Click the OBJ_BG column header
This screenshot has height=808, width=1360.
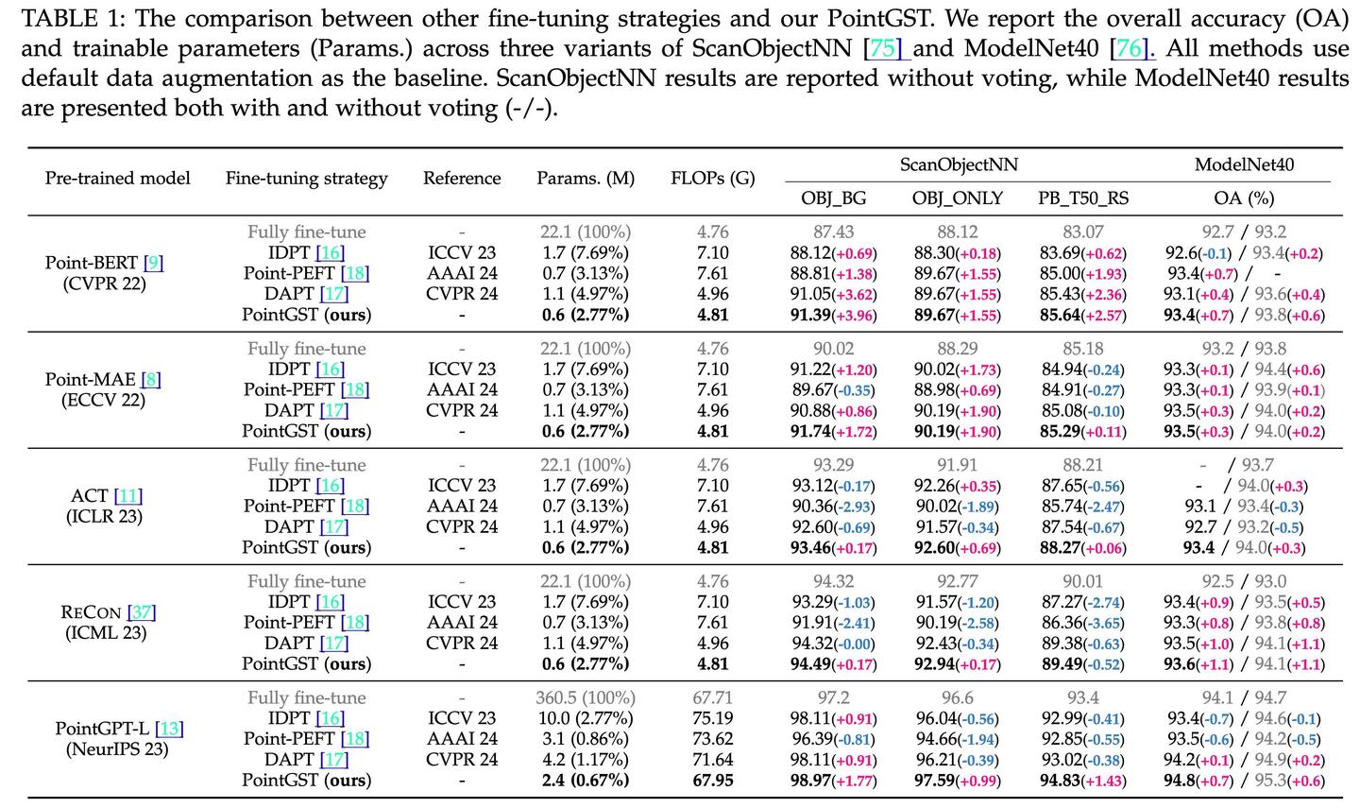(834, 198)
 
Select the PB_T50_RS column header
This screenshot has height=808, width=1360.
(1083, 198)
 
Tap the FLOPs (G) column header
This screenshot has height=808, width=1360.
(712, 178)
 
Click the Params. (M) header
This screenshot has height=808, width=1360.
(586, 178)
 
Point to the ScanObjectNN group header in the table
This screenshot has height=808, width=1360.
(959, 164)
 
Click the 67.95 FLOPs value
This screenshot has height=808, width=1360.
(712, 781)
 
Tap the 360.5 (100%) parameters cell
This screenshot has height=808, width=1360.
(586, 698)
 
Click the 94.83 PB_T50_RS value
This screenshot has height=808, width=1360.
(1062, 781)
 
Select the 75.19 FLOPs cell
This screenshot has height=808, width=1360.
(712, 718)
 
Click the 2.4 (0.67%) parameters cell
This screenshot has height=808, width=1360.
(586, 781)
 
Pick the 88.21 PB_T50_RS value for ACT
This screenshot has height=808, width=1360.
(1082, 465)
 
